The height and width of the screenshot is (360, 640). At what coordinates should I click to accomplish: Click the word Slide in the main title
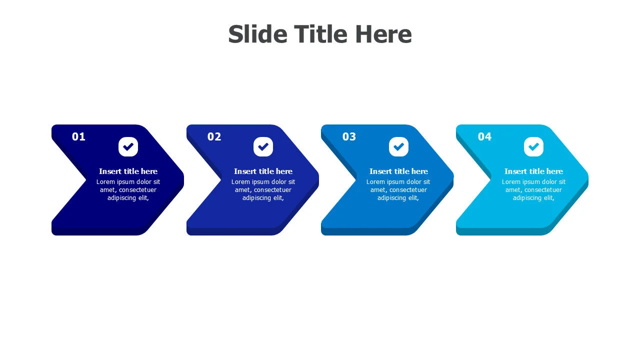(257, 34)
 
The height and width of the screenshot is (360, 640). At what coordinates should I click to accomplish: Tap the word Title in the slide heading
(321, 34)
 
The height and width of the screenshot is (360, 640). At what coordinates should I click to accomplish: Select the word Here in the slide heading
(383, 34)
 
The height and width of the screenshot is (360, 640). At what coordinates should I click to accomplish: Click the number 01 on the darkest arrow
(78, 136)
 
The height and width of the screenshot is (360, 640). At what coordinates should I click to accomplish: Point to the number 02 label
(214, 136)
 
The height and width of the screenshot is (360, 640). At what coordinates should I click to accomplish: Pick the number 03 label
(349, 136)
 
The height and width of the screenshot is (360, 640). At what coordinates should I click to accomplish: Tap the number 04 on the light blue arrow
(484, 136)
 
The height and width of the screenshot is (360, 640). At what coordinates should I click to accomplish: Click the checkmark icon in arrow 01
(128, 147)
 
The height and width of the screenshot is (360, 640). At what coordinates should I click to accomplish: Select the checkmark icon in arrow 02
(263, 147)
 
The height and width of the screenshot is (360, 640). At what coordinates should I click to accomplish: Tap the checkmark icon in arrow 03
(398, 147)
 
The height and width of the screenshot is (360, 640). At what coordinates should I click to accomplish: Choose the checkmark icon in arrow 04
(533, 147)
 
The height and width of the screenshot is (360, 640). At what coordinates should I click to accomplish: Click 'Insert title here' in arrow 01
(128, 171)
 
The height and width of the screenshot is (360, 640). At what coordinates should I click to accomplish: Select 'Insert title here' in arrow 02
(263, 171)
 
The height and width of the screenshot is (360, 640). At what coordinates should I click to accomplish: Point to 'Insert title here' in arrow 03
(398, 171)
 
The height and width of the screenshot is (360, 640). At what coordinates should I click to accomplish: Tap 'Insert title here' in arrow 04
(533, 171)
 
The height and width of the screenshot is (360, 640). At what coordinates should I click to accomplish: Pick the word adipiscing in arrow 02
(256, 198)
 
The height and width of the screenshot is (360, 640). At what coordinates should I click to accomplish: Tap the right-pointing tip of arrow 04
(588, 179)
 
